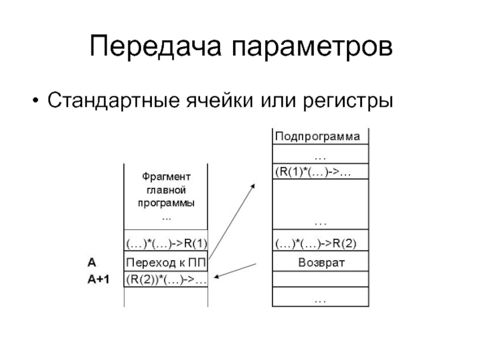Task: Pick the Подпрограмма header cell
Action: point(318,136)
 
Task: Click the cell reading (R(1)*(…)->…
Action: point(313,172)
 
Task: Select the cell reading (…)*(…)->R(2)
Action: point(316,244)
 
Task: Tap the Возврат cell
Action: point(320,262)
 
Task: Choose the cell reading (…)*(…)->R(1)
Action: point(166,244)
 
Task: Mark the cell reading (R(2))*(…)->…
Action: point(166,280)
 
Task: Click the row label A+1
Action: point(98,280)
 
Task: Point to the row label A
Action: point(91,262)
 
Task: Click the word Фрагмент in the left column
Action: point(166,177)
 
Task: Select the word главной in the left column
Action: point(166,189)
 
